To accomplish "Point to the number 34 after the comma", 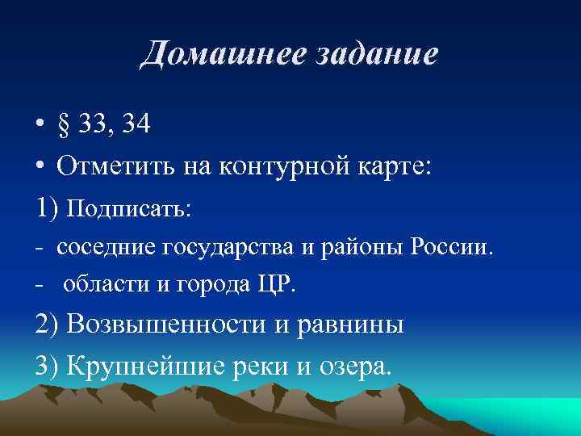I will point(134,127).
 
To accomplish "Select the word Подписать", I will point(128,209).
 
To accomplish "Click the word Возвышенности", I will point(167,325).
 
